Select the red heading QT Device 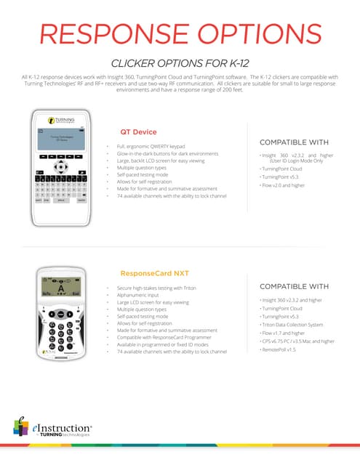138,132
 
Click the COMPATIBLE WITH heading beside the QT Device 294,142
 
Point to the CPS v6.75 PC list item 297,341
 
